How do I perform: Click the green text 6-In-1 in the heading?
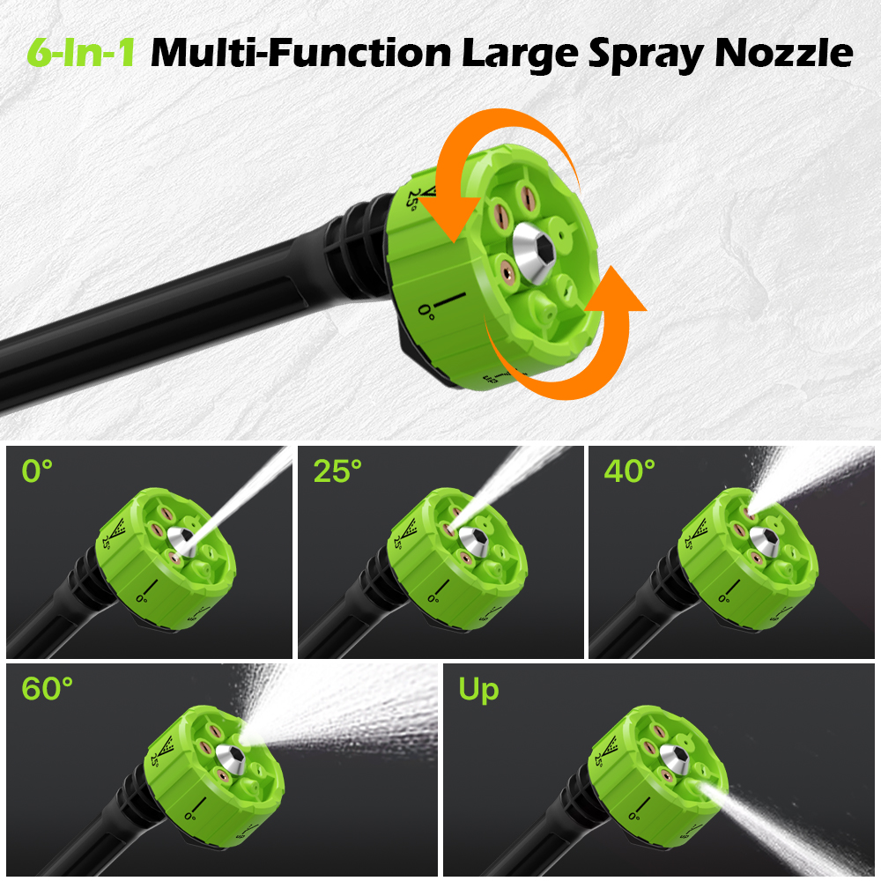tap(81, 52)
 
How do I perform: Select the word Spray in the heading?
tap(646, 55)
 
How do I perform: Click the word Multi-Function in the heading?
tap(300, 52)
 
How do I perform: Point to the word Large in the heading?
tap(520, 55)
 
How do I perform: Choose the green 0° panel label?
tap(37, 470)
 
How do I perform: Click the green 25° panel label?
tap(337, 470)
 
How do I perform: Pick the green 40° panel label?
tap(630, 470)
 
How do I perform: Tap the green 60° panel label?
tap(48, 689)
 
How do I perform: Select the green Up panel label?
tap(478, 691)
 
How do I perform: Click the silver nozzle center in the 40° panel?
tap(764, 542)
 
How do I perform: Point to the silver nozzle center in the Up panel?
tap(674, 759)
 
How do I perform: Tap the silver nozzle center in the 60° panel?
tap(230, 759)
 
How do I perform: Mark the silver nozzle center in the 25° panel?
tap(473, 542)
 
